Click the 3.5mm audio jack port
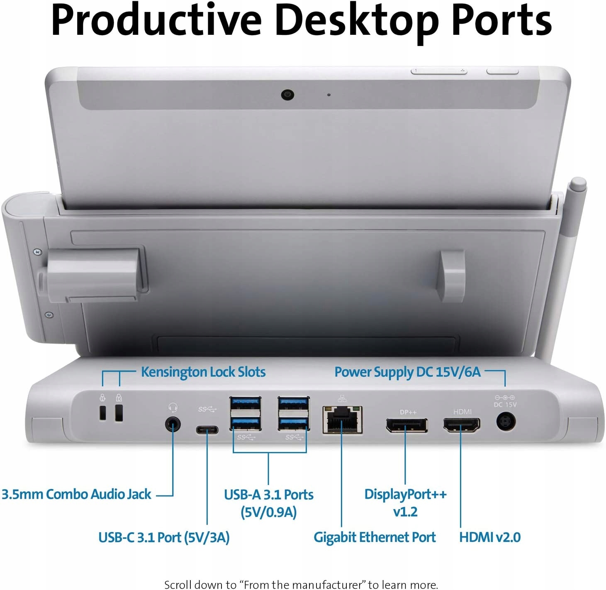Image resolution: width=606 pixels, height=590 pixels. click(x=173, y=424)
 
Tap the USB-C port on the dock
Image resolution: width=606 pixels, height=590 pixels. click(x=207, y=429)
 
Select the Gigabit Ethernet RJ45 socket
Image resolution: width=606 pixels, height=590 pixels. click(x=342, y=420)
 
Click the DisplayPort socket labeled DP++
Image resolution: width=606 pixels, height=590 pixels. click(x=406, y=425)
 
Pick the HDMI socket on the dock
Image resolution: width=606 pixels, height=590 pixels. click(x=461, y=425)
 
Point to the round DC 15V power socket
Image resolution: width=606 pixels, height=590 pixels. click(x=506, y=423)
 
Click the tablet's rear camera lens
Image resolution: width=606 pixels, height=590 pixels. click(x=287, y=95)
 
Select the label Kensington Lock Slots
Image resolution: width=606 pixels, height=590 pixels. click(x=203, y=372)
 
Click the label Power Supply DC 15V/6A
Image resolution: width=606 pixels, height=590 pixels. click(x=407, y=372)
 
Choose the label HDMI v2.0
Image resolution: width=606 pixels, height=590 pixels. click(x=489, y=537)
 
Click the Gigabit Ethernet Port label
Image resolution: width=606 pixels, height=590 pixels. click(x=375, y=537)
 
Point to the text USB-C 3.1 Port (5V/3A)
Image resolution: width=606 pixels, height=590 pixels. click(x=164, y=538)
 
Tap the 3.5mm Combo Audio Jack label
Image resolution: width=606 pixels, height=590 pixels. click(x=77, y=494)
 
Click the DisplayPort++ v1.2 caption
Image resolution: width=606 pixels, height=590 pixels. click(x=405, y=502)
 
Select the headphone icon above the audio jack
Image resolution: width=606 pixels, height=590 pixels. click(x=173, y=407)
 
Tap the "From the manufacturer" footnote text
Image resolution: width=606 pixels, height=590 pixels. click(x=301, y=585)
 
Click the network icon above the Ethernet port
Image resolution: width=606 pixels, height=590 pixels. click(x=342, y=399)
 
